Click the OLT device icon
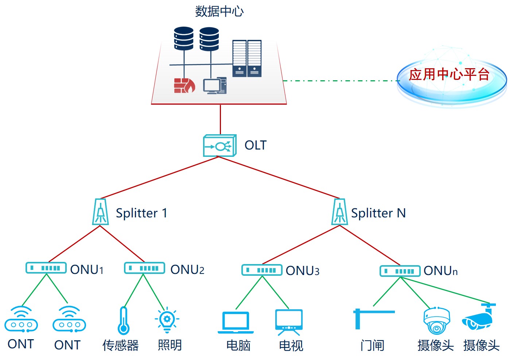[x=220, y=146]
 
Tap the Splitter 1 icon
[x=100, y=212]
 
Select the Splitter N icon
[x=339, y=212]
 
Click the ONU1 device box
[x=46, y=268]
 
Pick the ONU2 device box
[x=144, y=268]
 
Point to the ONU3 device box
[x=262, y=270]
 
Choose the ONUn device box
[x=400, y=271]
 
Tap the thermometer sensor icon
[x=124, y=320]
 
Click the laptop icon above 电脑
[x=236, y=322]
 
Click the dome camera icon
[x=436, y=320]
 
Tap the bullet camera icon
[x=479, y=317]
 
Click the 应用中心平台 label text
[x=449, y=74]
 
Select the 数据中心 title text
[x=219, y=12]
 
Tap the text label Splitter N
[x=378, y=213]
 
